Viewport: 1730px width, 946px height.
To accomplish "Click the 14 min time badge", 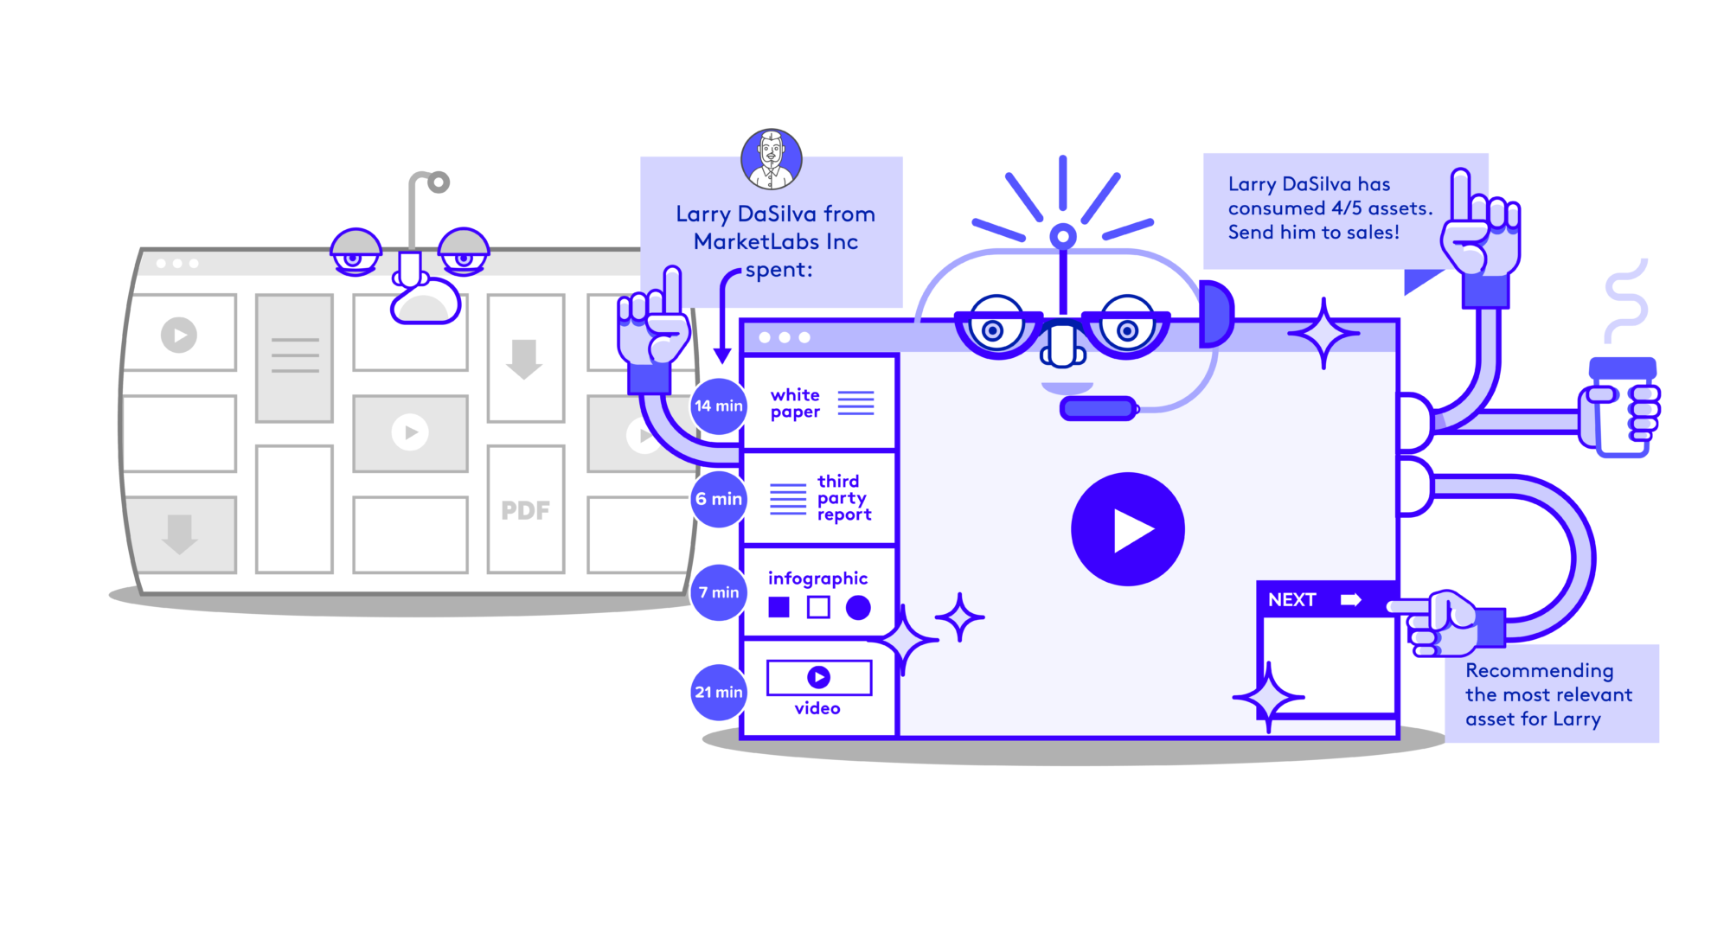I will click(718, 406).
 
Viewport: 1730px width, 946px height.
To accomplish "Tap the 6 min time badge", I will click(718, 499).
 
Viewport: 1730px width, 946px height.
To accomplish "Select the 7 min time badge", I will click(718, 592).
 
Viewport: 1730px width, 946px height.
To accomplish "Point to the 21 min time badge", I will click(718, 692).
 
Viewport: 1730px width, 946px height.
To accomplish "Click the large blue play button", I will click(1127, 529).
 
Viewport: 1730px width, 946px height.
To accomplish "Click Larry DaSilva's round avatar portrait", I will click(771, 158).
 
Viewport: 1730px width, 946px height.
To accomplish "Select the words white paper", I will click(795, 403).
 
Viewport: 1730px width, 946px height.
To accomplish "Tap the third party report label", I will click(843, 498).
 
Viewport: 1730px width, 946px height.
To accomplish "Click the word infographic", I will click(817, 578).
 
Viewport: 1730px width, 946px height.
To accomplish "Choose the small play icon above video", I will click(818, 677).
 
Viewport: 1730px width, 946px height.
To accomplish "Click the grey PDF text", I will click(525, 510).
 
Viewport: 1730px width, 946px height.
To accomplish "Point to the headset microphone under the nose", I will click(1098, 408).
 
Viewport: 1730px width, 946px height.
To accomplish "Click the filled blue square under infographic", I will click(778, 607).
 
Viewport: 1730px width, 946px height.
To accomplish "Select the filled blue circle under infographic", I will click(858, 608).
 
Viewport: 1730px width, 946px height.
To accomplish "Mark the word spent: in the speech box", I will click(778, 270).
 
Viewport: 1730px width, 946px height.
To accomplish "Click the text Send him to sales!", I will click(1313, 233).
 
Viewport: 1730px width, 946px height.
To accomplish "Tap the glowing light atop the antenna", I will click(1062, 236).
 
